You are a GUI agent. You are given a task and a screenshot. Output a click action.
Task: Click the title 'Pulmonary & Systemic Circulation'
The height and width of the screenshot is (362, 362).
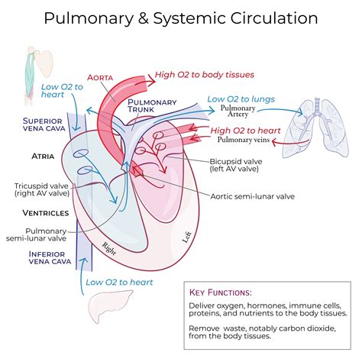[x=181, y=16]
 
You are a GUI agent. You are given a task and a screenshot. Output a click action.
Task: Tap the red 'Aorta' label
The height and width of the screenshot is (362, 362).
[x=103, y=77]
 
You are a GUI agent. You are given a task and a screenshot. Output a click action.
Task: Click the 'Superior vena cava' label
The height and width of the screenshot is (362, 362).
[x=47, y=125]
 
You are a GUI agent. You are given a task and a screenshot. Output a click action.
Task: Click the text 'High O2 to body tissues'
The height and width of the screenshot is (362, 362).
[x=204, y=75]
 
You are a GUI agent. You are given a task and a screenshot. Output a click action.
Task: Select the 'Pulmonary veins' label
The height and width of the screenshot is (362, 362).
[x=243, y=141]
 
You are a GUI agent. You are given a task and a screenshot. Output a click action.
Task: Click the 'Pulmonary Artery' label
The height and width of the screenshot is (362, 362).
[x=238, y=114]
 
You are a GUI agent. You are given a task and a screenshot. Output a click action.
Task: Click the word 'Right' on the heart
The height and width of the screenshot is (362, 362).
[x=110, y=248]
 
